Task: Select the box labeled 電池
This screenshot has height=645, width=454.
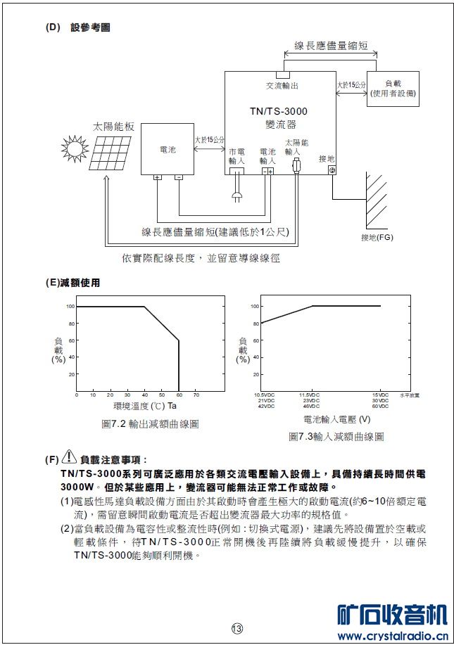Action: (x=168, y=151)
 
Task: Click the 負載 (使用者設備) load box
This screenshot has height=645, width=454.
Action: (x=392, y=89)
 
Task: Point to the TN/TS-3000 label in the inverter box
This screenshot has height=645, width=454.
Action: (x=279, y=111)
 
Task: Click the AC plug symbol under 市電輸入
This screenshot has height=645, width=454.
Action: (x=237, y=190)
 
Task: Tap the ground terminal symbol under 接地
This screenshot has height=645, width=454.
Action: (x=332, y=170)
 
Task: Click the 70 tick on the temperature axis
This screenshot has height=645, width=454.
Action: (x=196, y=396)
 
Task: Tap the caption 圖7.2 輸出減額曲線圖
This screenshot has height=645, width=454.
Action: (x=150, y=424)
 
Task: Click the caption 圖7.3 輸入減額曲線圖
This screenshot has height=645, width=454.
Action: (x=336, y=436)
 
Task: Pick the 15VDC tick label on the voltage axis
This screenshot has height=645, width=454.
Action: (x=380, y=395)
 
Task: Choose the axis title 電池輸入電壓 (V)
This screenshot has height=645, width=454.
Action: (x=336, y=419)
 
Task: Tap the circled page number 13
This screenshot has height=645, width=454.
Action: (x=237, y=627)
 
